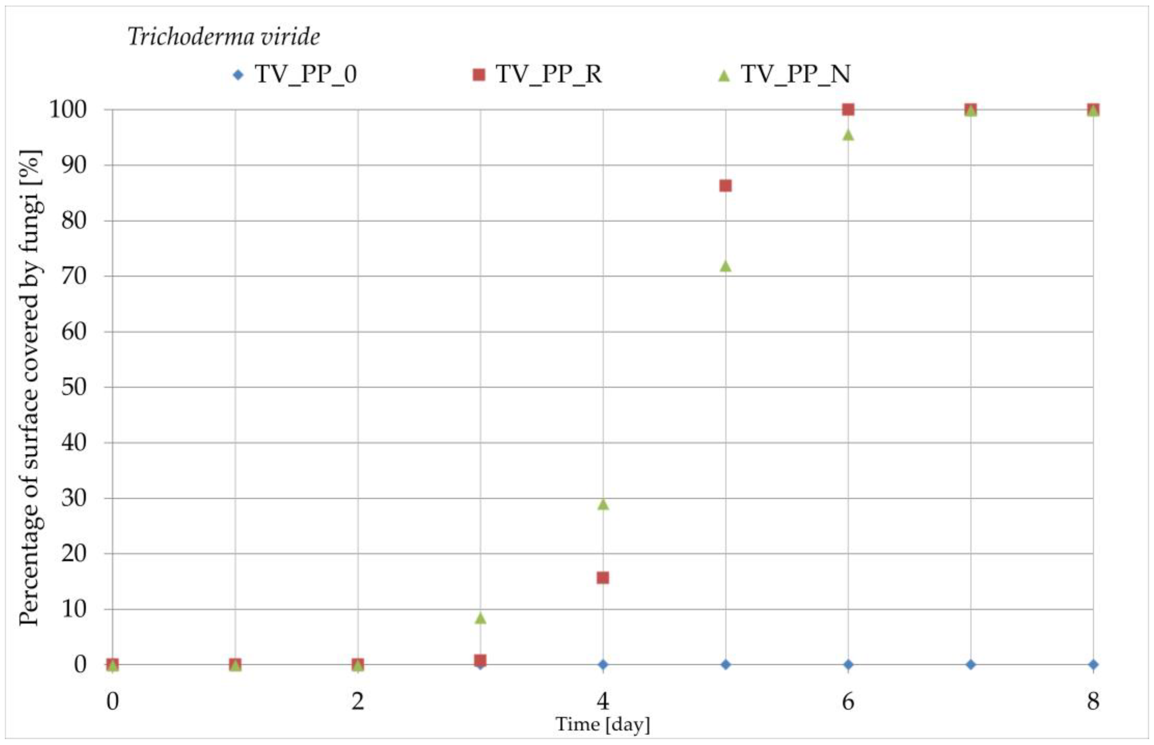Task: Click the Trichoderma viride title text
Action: pos(223,37)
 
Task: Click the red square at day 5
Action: pos(725,186)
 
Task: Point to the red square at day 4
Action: pos(603,578)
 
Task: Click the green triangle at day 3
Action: pos(480,618)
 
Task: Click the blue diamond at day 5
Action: pos(725,665)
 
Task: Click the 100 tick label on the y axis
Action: pos(68,110)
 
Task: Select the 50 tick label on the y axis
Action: pos(74,387)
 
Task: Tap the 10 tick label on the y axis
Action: pos(74,609)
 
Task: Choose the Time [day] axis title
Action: pos(603,724)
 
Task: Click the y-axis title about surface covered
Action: pos(30,387)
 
